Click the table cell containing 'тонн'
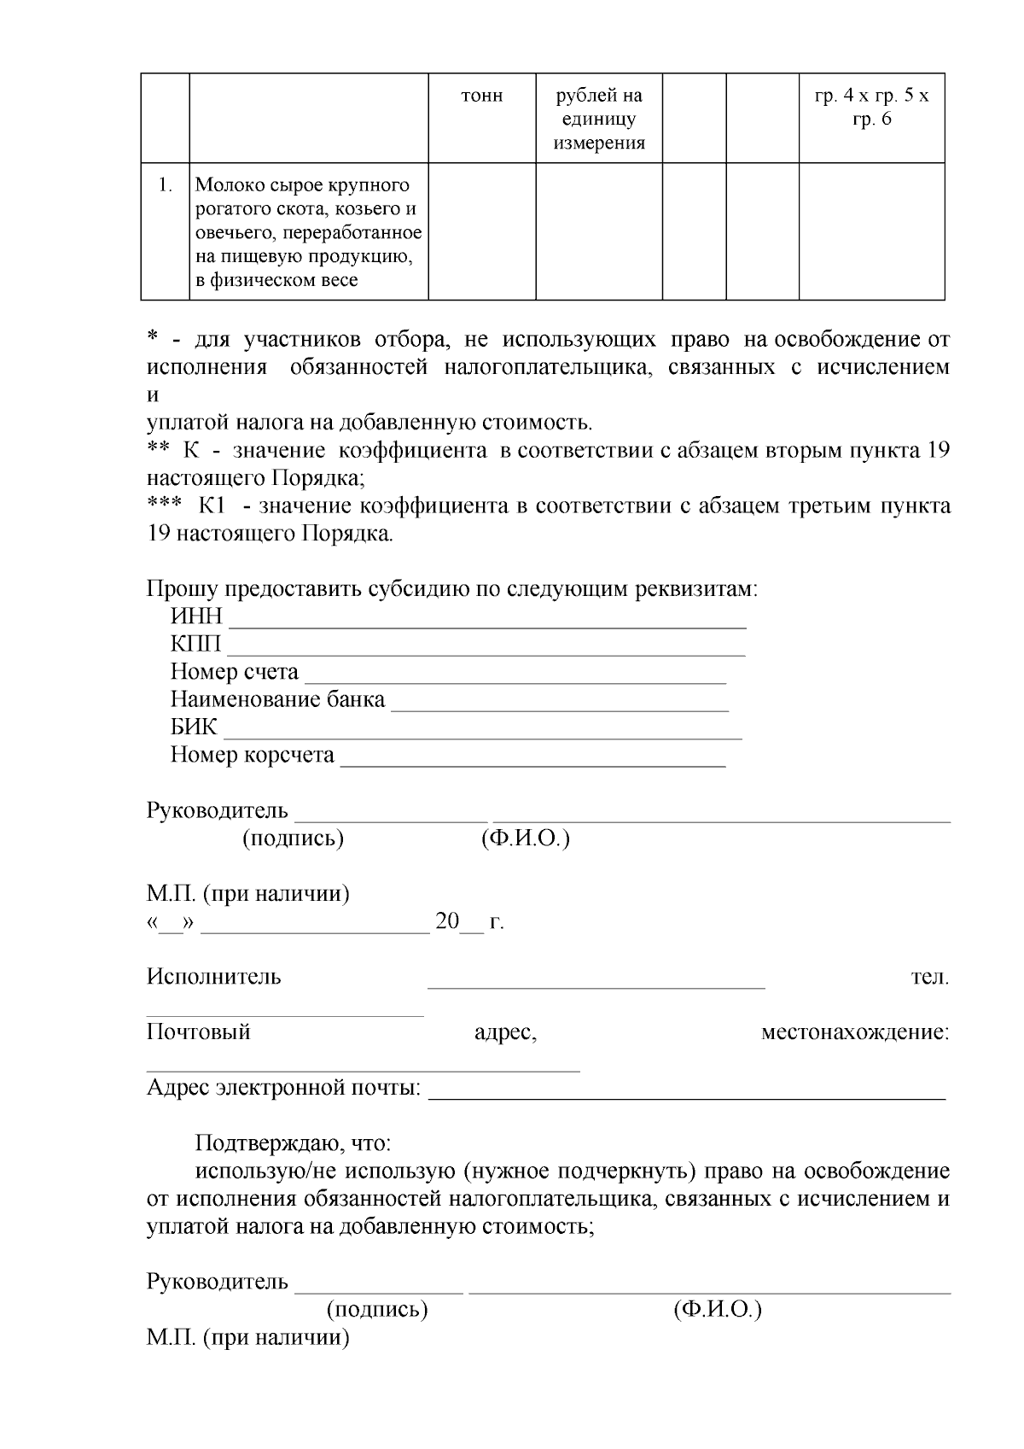pyautogui.click(x=481, y=96)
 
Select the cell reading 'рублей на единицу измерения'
pyautogui.click(x=599, y=119)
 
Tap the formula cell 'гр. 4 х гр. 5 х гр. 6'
pyautogui.click(x=871, y=108)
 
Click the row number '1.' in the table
pyautogui.click(x=165, y=185)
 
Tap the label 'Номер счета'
pyautogui.click(x=235, y=673)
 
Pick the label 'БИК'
pyautogui.click(x=194, y=728)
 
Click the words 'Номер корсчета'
pyautogui.click(x=253, y=756)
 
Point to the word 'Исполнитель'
pyautogui.click(x=213, y=977)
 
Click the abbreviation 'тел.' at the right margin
pyautogui.click(x=929, y=977)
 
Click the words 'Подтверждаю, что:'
pyautogui.click(x=294, y=1144)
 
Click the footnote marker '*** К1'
pyautogui.click(x=187, y=506)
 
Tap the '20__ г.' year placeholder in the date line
pyautogui.click(x=469, y=922)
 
